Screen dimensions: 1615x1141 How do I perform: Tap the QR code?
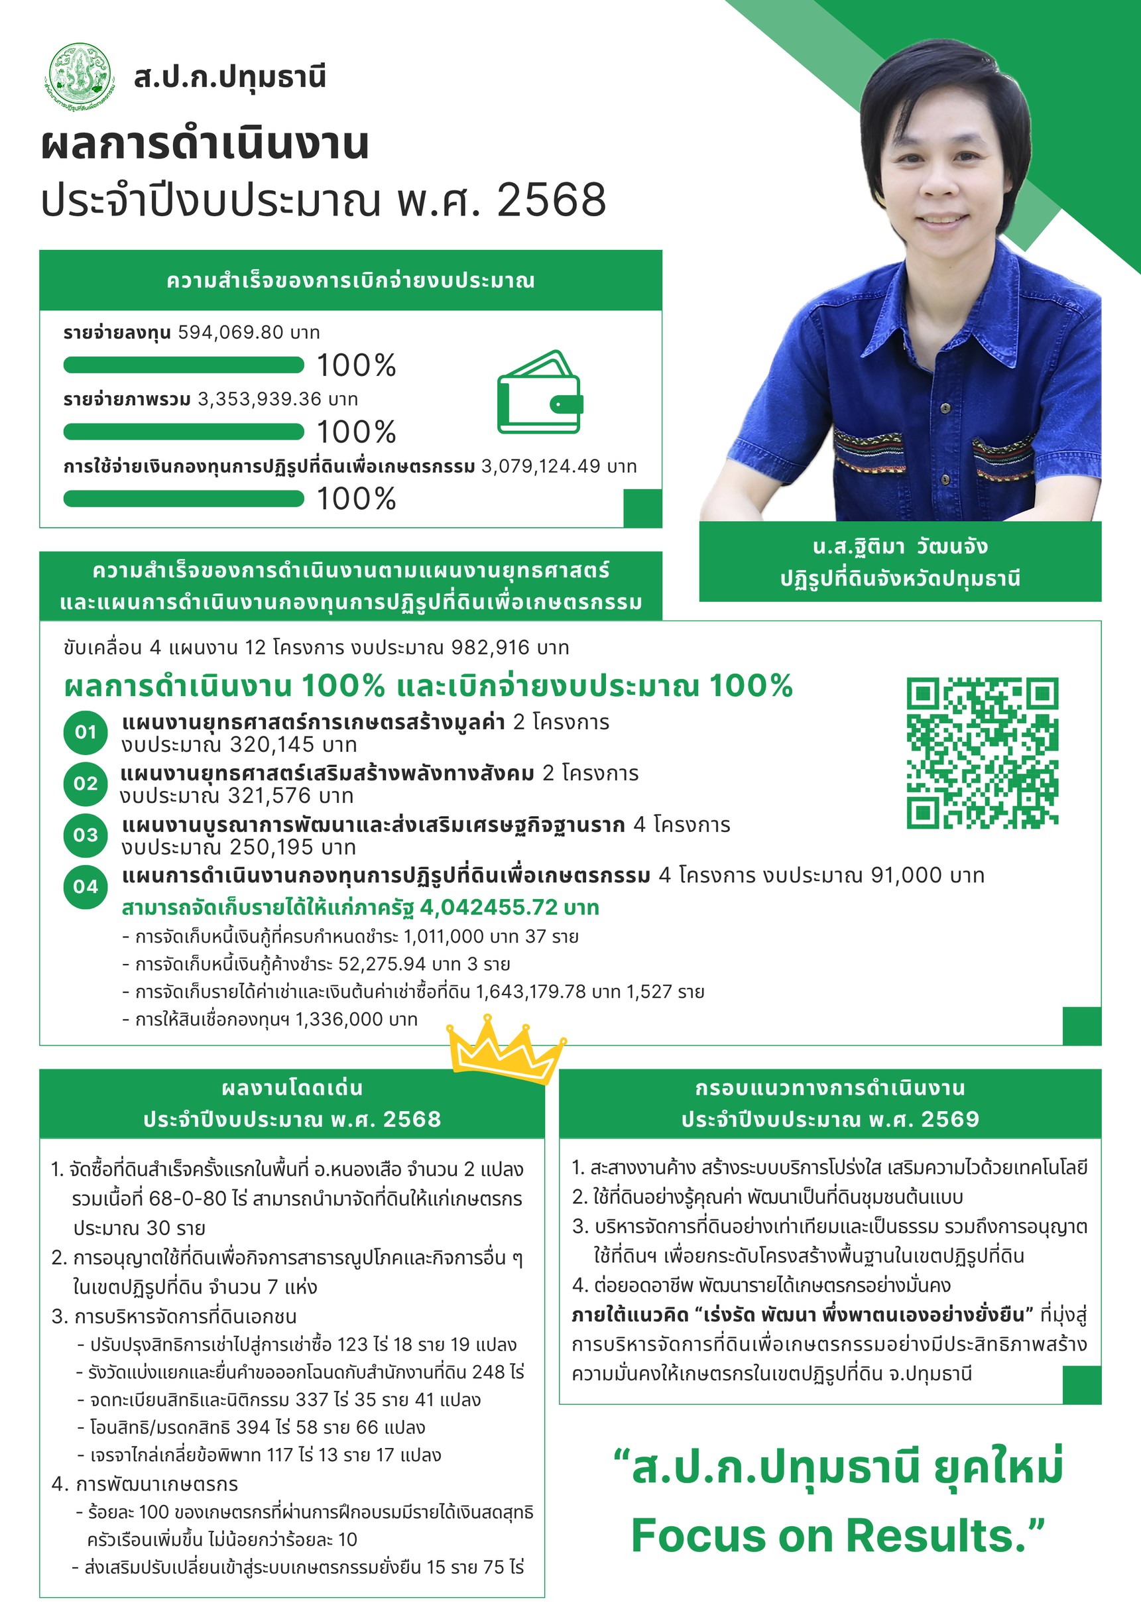coord(982,752)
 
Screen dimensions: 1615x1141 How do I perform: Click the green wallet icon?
coord(540,392)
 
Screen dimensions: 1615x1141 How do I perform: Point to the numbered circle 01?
coord(85,732)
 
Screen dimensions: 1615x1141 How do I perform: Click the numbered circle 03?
coord(85,835)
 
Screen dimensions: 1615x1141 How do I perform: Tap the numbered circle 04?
coord(85,886)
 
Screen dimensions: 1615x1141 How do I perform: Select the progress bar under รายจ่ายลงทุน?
coord(184,365)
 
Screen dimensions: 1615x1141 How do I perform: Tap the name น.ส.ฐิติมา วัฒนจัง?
coord(900,546)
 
